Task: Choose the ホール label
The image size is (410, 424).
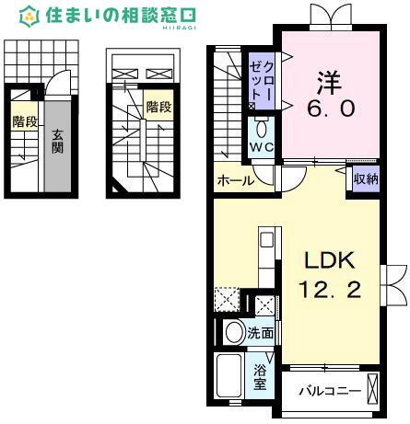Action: click(235, 181)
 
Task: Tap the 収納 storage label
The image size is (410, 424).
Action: click(366, 180)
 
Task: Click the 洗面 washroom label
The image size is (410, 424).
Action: click(261, 333)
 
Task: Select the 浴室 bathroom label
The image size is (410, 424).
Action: click(261, 377)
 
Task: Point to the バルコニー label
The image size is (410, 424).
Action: click(329, 391)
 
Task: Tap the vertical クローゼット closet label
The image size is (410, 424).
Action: click(259, 82)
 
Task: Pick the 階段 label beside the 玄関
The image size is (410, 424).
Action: click(24, 120)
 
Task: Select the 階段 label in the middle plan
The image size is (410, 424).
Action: click(158, 107)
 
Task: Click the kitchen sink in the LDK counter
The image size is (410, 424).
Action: click(266, 241)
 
